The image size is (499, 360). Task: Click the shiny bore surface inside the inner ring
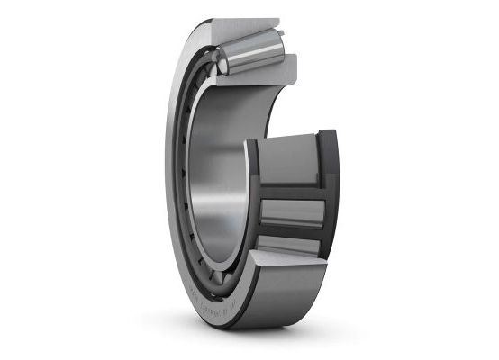tap(221, 180)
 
